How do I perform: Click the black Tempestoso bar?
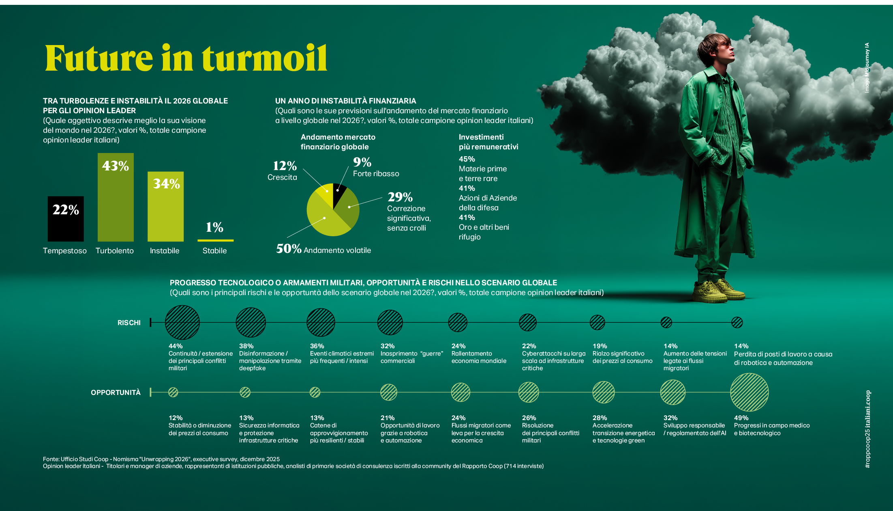coord(66,219)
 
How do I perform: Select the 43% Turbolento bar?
coord(116,197)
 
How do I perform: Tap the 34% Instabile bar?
coord(165,207)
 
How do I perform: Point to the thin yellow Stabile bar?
coord(215,240)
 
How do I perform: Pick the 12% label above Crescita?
coord(285,166)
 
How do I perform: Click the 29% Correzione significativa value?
coord(400,197)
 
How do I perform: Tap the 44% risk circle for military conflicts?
coord(182,322)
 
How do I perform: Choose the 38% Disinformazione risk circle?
coord(251,322)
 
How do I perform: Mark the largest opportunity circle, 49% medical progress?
coord(750,392)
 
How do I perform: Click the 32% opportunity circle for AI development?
coord(673,392)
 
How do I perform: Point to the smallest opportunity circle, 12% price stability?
coord(173,392)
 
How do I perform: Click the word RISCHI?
coord(129,323)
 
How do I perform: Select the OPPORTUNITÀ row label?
coord(116,392)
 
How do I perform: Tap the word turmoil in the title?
coord(265,58)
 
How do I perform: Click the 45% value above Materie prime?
coord(467,159)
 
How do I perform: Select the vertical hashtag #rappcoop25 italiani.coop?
coord(867,429)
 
